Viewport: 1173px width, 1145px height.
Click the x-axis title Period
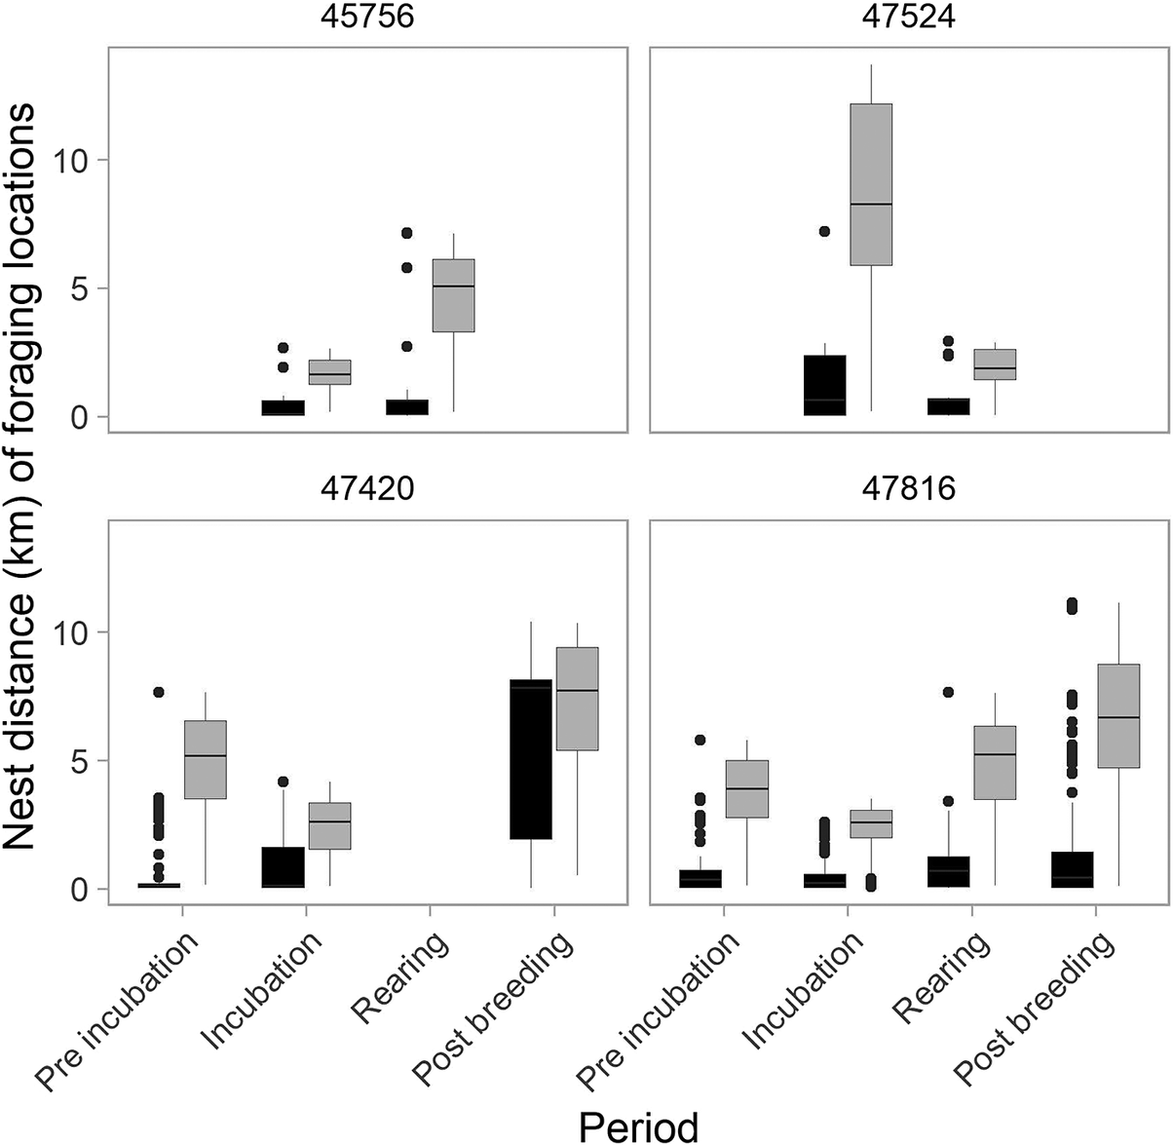(x=638, y=1125)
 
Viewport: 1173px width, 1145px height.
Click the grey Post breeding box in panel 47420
(x=577, y=699)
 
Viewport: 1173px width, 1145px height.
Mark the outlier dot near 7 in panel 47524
(x=824, y=232)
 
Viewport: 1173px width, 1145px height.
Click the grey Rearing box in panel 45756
(x=453, y=295)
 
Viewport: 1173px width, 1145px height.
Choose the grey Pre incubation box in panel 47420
(x=205, y=760)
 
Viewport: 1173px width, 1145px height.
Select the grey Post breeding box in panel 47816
(x=1118, y=716)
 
